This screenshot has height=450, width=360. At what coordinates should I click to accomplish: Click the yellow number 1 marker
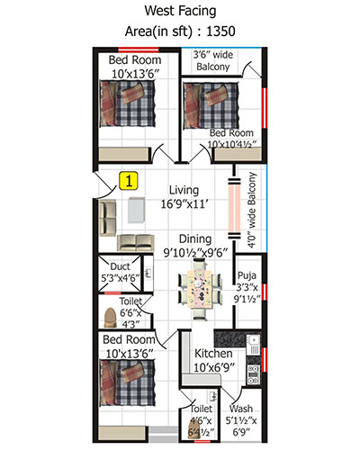[x=129, y=181]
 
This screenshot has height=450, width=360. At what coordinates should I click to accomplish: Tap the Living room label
[x=184, y=191]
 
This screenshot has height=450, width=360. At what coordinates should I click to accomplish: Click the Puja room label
[x=247, y=275]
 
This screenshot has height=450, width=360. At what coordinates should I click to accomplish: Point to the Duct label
[x=120, y=266]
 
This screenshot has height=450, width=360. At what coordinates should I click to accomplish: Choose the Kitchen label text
[x=213, y=354]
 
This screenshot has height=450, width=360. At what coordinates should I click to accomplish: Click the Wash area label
[x=241, y=409]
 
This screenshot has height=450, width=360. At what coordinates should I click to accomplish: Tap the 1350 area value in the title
[x=220, y=31]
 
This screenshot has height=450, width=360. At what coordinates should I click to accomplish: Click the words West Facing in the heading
[x=180, y=11]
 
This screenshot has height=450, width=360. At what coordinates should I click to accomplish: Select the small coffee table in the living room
[x=136, y=210]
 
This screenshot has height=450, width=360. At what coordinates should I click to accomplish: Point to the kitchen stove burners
[x=253, y=374]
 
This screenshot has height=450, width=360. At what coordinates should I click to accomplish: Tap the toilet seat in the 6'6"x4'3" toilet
[x=110, y=318]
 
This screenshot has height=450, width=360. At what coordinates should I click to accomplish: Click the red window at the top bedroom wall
[x=139, y=49]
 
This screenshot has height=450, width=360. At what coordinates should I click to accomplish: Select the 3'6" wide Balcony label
[x=213, y=60]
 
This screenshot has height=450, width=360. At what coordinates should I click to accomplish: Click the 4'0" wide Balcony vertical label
[x=252, y=210]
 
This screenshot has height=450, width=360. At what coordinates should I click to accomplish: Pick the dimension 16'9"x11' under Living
[x=184, y=204]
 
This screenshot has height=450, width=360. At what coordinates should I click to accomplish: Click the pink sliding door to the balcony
[x=234, y=210]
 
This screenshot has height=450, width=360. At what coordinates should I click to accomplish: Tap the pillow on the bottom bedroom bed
[x=132, y=373]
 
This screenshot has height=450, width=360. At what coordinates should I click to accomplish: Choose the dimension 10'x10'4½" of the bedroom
[x=232, y=144]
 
